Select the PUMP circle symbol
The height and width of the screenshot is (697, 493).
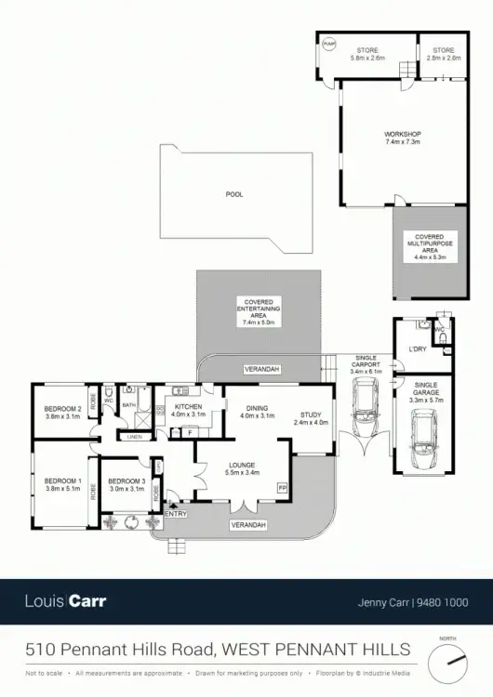[x=327, y=43]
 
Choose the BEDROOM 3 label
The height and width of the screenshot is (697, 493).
[x=127, y=481]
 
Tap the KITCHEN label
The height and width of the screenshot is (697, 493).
[x=189, y=407]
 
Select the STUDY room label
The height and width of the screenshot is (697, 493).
[x=310, y=416]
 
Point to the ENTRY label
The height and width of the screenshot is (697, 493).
[x=175, y=513]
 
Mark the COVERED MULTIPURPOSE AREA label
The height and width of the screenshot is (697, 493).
[x=429, y=245]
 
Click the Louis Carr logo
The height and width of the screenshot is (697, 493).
[x=65, y=601]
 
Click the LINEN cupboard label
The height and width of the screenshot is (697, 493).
[x=135, y=437]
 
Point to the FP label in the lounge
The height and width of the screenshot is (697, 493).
[x=283, y=487]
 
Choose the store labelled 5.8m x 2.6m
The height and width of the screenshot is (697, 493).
[x=369, y=54]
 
